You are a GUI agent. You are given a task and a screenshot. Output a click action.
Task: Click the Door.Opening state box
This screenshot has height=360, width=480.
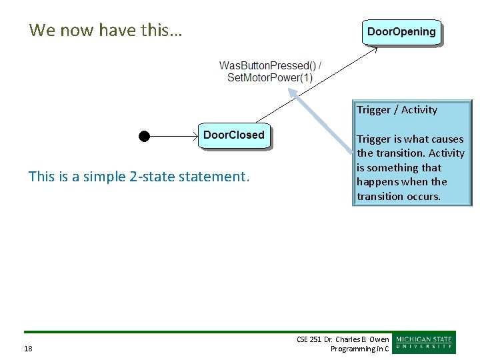point(401,32)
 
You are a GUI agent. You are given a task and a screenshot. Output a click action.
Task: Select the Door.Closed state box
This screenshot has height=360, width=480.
point(233,135)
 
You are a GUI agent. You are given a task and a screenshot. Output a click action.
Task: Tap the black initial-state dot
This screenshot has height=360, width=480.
point(143,136)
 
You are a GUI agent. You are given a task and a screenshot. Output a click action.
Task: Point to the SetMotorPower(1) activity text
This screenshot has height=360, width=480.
point(269,77)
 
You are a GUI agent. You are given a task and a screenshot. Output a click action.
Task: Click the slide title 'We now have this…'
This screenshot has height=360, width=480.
point(106,30)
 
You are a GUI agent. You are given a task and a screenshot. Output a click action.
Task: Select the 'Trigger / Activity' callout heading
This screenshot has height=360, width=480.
point(397,110)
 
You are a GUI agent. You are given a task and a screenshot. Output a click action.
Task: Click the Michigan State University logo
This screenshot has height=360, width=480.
point(424,342)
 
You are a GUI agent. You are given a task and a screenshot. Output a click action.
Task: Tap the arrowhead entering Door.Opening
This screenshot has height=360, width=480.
point(374,49)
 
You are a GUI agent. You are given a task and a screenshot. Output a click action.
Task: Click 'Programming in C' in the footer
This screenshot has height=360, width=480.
point(360,349)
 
